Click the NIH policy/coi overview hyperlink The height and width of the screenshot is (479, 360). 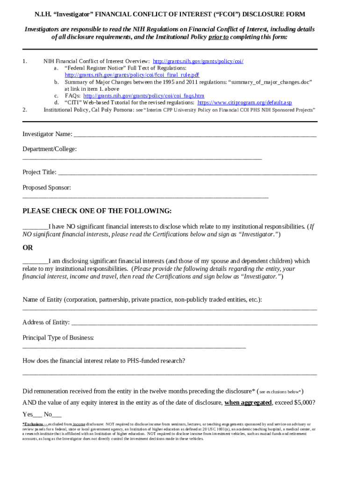coord(198,61)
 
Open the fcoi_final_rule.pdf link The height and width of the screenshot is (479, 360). coord(132,75)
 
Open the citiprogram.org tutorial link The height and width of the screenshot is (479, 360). coord(245,102)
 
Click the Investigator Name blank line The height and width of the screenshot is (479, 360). coord(195,135)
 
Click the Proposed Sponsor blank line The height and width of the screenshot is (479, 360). coord(145,197)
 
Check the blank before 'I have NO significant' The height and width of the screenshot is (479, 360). coord(36,227)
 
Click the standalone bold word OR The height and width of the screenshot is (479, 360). coord(28,247)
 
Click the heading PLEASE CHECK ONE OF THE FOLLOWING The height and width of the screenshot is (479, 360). coord(97,211)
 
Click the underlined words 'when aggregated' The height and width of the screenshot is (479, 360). coord(248,403)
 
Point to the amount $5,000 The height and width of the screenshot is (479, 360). coord(304,403)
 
